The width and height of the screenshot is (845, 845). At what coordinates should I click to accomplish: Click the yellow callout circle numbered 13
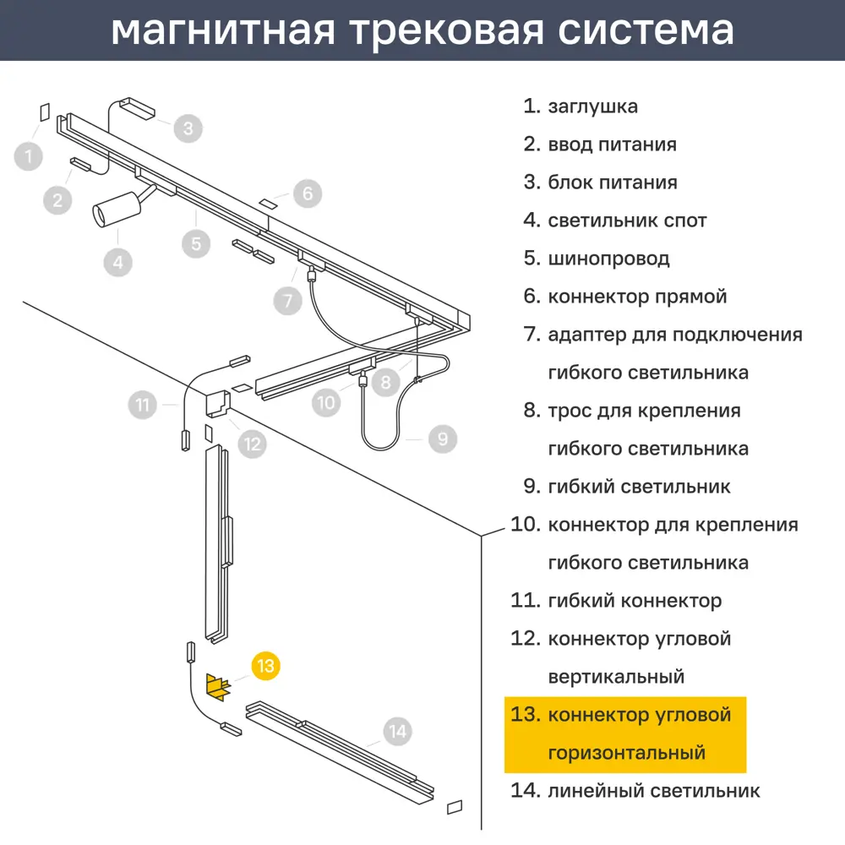tap(265, 666)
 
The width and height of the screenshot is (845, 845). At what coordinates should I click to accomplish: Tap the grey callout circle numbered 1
tap(29, 156)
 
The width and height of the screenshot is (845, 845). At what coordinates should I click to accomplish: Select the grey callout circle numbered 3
tap(188, 128)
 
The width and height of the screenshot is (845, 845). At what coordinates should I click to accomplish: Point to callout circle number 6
tap(308, 194)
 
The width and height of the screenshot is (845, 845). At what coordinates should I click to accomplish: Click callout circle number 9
tap(443, 439)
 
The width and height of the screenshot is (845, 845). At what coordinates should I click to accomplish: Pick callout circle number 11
tap(142, 405)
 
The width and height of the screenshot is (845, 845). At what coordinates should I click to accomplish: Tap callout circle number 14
tap(398, 731)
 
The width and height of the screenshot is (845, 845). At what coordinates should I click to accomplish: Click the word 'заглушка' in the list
tap(593, 106)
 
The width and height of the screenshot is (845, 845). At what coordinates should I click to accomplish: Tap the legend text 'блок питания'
tap(613, 183)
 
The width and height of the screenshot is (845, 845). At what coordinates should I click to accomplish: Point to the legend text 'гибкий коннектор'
tap(635, 601)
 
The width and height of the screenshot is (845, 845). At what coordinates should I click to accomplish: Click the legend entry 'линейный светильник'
tap(654, 791)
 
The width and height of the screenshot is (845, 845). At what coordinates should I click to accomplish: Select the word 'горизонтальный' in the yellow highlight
tap(627, 753)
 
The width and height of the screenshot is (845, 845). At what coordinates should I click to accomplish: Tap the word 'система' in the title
tap(646, 30)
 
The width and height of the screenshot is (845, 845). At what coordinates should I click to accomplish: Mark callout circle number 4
tap(118, 263)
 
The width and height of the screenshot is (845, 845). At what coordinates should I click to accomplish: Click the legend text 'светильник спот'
tap(627, 221)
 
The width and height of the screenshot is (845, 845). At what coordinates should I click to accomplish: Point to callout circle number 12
tap(252, 444)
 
